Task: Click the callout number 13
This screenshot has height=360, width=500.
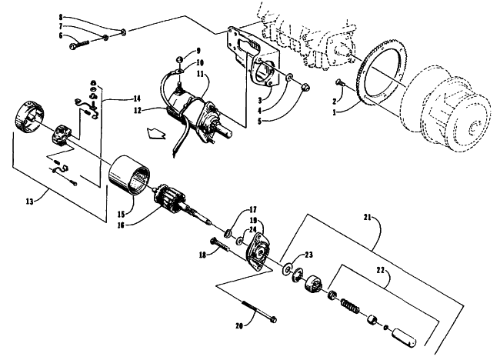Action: [29, 202]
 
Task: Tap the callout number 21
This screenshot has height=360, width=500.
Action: [367, 218]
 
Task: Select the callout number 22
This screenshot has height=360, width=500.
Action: [381, 270]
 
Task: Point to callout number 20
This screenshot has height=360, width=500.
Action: [239, 326]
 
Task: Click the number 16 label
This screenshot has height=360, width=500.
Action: [122, 225]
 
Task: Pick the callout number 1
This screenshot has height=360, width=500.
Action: [334, 112]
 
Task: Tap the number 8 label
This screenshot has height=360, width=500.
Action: [61, 17]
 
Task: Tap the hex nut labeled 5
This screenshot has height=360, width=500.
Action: [305, 86]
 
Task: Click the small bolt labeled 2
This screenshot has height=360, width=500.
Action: [340, 82]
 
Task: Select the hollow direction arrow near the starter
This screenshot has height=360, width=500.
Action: [156, 132]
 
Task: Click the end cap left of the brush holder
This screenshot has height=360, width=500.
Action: [30, 116]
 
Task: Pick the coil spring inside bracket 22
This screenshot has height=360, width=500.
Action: [350, 305]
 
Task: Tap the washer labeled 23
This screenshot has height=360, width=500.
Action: [287, 268]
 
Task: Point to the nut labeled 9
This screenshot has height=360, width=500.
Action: [180, 59]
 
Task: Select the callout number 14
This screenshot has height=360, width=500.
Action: [136, 98]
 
